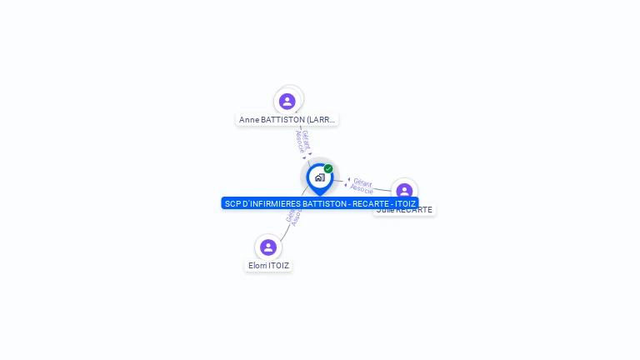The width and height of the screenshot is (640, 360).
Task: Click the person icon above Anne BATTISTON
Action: click(287, 101)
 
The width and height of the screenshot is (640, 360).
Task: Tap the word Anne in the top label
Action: click(248, 120)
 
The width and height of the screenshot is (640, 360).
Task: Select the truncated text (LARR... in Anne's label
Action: click(321, 120)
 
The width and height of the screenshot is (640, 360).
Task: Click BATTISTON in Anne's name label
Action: click(283, 120)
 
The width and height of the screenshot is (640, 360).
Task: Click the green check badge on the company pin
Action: click(328, 168)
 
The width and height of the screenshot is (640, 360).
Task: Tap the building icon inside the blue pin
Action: click(319, 177)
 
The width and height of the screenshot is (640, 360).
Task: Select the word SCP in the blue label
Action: click(232, 203)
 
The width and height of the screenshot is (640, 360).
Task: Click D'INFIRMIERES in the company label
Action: click(272, 203)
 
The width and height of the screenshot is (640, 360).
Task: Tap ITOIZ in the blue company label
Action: click(406, 203)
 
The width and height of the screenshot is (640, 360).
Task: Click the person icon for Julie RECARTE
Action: click(404, 191)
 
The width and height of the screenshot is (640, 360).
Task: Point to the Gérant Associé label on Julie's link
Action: click(362, 185)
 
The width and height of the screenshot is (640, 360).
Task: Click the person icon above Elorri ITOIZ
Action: click(267, 247)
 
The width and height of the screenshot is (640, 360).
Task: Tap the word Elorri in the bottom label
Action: click(257, 266)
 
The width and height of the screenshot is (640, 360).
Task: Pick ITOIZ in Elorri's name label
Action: click(279, 266)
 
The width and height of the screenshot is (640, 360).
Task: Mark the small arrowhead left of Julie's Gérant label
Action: click(347, 180)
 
